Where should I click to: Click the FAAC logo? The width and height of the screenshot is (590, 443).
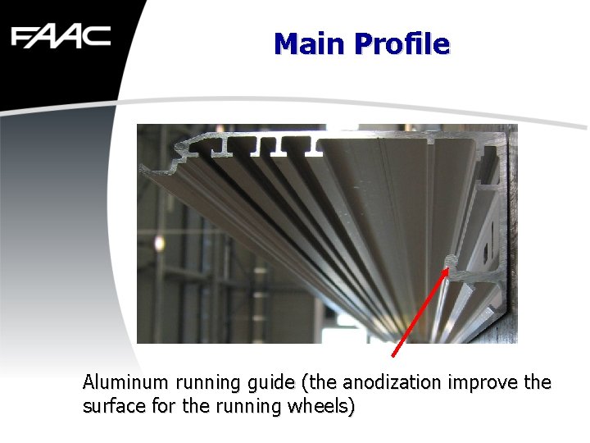61,37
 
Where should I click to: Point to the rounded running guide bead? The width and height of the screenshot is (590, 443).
450,260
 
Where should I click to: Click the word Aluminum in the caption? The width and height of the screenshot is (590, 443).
125,382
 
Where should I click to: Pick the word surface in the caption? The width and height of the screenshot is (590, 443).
111,406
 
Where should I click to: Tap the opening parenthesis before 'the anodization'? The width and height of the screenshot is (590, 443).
305,383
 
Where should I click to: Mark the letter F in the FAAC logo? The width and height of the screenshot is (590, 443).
22,37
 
